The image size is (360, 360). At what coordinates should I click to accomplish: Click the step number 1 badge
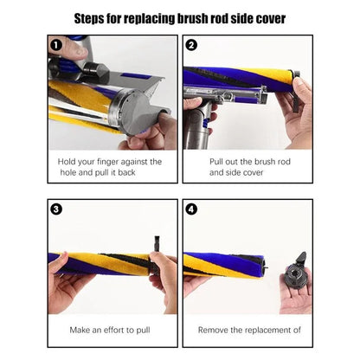point(55,44)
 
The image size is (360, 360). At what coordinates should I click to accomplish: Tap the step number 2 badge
point(191,44)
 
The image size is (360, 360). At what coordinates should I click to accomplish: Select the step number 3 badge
point(55,209)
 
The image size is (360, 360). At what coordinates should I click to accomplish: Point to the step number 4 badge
point(191,209)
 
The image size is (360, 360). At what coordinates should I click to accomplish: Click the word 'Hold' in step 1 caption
point(68,162)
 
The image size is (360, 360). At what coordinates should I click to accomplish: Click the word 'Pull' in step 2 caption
point(220,162)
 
